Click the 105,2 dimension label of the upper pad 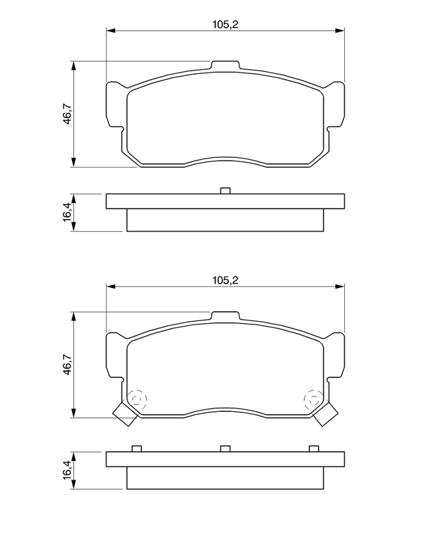[225, 25]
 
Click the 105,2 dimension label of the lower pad [225, 280]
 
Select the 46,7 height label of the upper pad [67, 114]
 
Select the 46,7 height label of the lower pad [67, 364]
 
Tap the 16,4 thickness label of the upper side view [67, 213]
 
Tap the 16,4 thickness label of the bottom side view [67, 470]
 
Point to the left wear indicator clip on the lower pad [124, 414]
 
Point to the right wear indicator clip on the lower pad [325, 414]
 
